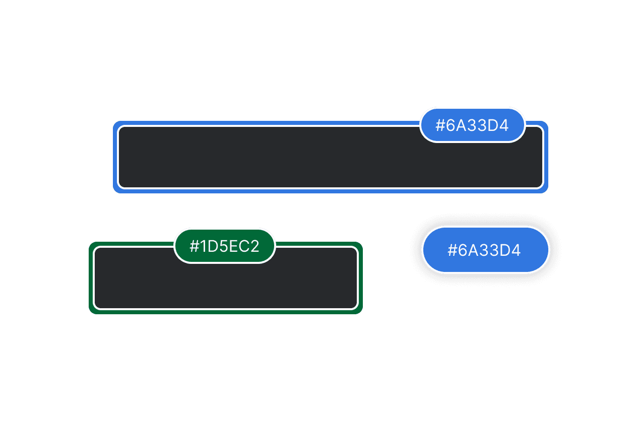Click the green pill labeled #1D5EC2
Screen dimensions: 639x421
coord(224,246)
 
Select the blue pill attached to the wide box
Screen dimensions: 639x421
coord(472,125)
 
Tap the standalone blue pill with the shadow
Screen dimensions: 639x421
coord(485,250)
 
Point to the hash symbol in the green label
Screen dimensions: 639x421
coord(194,246)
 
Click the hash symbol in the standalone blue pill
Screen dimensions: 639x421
coord(453,250)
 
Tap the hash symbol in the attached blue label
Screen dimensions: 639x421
coord(440,125)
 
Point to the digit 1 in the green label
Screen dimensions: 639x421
coord(203,246)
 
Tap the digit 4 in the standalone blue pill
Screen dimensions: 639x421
coord(516,250)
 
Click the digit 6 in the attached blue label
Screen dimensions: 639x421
coord(450,125)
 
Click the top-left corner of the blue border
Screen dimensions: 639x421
coord(113,122)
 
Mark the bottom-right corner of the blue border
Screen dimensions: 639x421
coord(548,193)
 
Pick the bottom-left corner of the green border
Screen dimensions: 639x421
coord(89,314)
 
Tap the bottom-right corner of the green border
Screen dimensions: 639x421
coord(362,314)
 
